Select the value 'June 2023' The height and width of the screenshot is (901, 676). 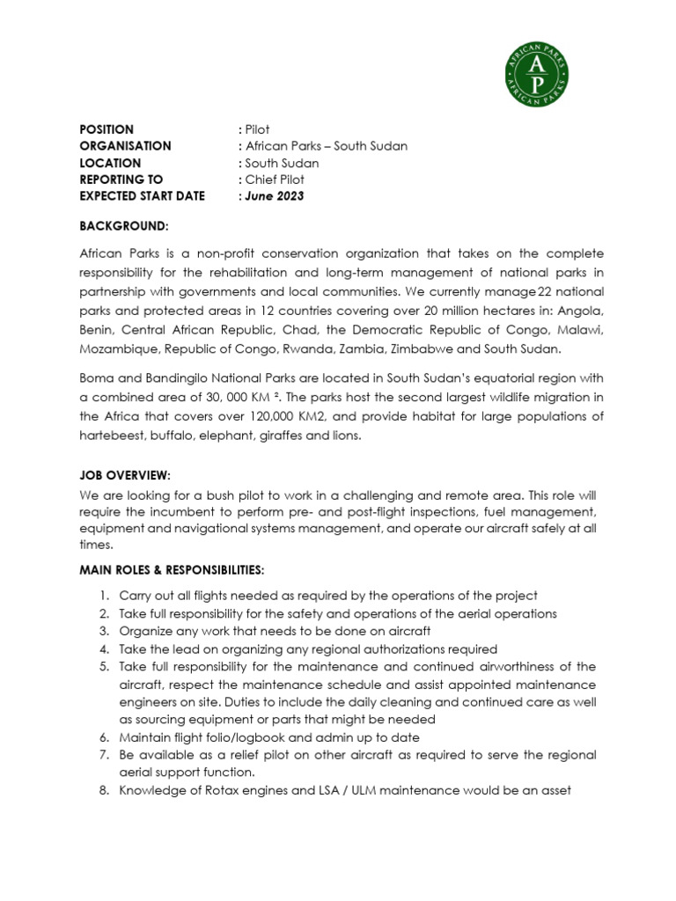(274, 196)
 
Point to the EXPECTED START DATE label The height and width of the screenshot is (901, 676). (142, 196)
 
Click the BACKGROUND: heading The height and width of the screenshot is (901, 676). (123, 227)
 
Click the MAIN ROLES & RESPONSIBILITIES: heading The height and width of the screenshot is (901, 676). (171, 571)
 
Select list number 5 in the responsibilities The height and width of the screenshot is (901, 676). (103, 667)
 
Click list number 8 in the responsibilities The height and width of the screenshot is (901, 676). (103, 790)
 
